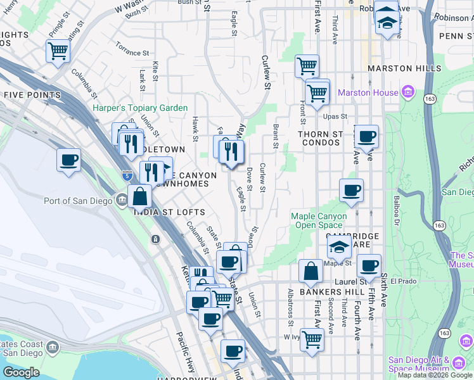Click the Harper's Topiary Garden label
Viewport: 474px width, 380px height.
click(140, 108)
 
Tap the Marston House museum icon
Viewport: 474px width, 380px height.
click(407, 93)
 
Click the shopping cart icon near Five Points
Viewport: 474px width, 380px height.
click(58, 51)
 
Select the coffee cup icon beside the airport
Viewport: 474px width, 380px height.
click(68, 160)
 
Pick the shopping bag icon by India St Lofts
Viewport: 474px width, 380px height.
click(139, 196)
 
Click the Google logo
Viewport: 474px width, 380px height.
click(22, 372)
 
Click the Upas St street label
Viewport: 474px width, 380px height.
click(335, 117)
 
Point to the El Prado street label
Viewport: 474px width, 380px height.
click(402, 281)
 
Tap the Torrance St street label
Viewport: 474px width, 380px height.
click(132, 49)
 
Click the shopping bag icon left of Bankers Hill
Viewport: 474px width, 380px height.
click(311, 271)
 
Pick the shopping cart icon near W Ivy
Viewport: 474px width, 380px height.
click(311, 339)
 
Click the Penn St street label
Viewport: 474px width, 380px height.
click(451, 36)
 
